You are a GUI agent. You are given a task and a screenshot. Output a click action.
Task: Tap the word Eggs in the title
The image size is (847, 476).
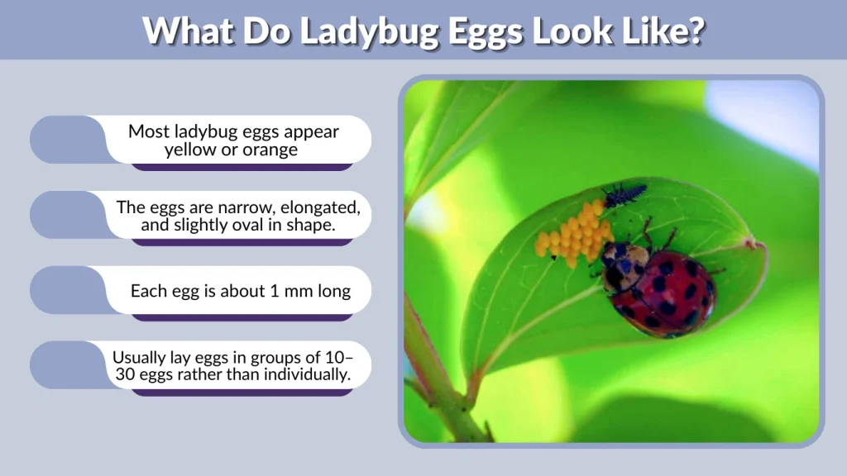(480, 31)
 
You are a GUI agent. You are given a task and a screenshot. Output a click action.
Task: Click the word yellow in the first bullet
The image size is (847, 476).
(189, 150)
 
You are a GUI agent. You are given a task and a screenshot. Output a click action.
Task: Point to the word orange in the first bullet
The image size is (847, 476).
(270, 150)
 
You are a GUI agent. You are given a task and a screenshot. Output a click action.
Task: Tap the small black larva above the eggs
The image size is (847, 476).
(623, 195)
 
